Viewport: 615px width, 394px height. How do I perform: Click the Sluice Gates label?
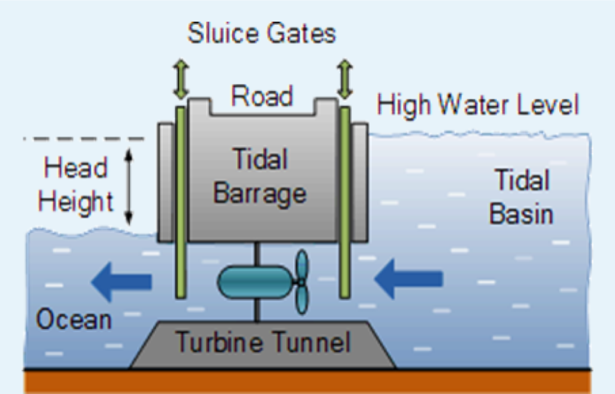coord(261,34)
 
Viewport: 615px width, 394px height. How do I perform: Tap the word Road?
coord(262,96)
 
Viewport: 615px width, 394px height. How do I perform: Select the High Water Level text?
coord(477,105)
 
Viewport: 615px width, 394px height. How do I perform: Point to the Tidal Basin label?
coord(521,196)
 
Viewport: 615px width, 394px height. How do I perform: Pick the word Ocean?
coord(74,319)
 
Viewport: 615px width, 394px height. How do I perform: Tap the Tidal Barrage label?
coord(261,177)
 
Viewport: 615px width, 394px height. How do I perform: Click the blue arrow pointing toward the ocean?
coord(120,279)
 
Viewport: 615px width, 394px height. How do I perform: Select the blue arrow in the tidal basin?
coord(408,278)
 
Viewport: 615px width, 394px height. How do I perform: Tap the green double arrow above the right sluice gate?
coord(344,80)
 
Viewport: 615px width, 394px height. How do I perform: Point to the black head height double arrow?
coord(128,186)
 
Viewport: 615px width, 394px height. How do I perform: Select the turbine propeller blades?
coord(301,281)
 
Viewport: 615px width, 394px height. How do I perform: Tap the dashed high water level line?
coord(84,139)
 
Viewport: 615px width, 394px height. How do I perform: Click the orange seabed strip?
coord(307,382)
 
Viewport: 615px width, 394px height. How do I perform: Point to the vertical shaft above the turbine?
coord(257,252)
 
